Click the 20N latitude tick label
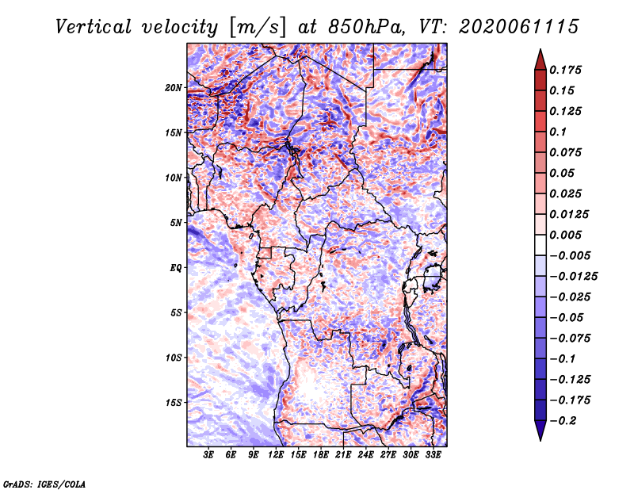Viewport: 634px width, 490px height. [174, 88]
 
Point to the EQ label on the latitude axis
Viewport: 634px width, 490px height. [175, 268]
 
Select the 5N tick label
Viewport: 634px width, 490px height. [176, 223]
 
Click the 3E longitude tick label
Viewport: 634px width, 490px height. [208, 454]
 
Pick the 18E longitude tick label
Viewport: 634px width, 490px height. [320, 454]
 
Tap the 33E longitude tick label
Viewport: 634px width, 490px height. [433, 454]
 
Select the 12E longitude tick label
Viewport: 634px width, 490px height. [275, 454]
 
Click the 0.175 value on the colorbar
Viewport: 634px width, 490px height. [565, 70]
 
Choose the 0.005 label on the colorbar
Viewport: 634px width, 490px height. [565, 235]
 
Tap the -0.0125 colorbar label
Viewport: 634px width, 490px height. [573, 277]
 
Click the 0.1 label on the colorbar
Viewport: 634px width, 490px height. [558, 132]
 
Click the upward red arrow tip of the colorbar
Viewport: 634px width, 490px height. [540, 50]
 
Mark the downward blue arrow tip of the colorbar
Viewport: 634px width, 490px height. [540, 440]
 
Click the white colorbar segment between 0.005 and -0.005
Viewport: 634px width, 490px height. [540, 245]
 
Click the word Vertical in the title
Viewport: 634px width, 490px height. [94, 27]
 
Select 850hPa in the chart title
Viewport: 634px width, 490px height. [366, 27]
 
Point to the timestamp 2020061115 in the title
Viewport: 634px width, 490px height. [519, 27]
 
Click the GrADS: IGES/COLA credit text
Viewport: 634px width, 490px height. [44, 484]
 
